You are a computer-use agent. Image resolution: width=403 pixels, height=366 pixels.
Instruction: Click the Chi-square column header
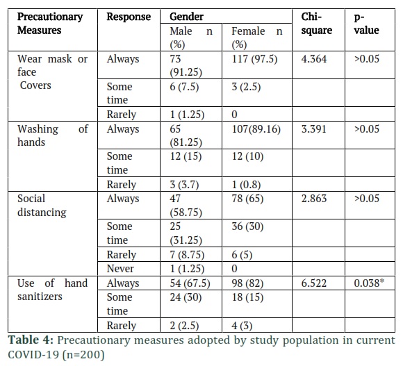click(x=316, y=24)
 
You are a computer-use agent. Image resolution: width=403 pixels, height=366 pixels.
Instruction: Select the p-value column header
click(x=366, y=24)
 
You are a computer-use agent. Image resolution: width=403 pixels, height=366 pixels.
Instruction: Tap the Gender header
click(x=186, y=17)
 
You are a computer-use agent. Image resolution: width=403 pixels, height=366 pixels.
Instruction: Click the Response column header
click(x=129, y=17)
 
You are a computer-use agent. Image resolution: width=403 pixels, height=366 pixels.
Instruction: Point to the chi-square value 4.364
click(x=314, y=59)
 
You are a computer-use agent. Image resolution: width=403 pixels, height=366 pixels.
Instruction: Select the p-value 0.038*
click(x=369, y=283)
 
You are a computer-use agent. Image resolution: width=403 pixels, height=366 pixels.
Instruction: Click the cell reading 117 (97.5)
click(x=254, y=59)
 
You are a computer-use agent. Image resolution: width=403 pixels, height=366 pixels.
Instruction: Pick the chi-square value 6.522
click(x=314, y=283)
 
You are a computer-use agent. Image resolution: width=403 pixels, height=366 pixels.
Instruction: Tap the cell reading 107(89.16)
click(x=256, y=129)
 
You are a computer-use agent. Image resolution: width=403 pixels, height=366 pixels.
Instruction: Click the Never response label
click(x=120, y=269)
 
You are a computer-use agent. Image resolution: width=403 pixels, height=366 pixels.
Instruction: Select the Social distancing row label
click(x=42, y=205)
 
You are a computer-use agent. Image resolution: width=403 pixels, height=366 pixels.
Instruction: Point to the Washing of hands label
click(x=52, y=135)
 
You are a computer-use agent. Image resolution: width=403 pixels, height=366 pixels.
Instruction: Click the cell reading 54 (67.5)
click(x=190, y=283)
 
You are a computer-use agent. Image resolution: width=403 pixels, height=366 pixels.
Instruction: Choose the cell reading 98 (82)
click(x=247, y=283)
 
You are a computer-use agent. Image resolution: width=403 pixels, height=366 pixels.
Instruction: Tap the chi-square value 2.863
click(x=314, y=199)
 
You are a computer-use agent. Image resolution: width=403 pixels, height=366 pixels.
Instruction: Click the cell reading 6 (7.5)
click(x=184, y=87)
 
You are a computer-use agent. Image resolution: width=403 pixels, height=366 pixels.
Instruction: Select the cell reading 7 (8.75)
click(x=187, y=254)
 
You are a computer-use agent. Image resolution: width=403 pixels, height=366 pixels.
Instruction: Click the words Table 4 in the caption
click(x=31, y=340)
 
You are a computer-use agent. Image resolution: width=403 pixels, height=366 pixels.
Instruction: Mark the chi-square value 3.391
click(x=314, y=129)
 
